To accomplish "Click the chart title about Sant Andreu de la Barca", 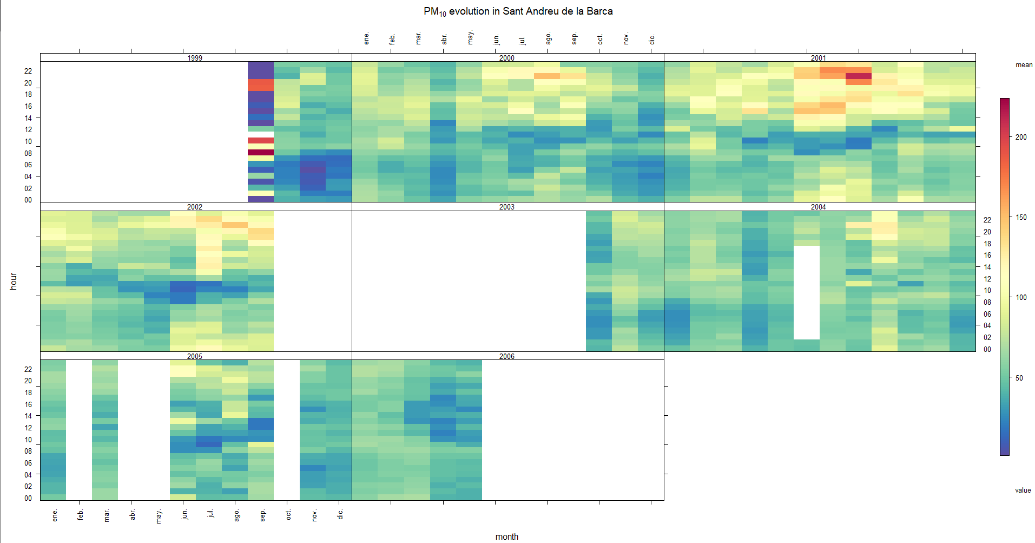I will click(518, 11).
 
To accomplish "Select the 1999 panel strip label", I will click(195, 58).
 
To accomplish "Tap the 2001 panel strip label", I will click(819, 58).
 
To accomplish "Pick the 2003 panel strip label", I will click(507, 207).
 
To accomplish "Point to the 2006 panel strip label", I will click(507, 356).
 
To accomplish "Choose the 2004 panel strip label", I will click(819, 207).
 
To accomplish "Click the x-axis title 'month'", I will click(507, 537).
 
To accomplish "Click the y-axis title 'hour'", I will click(14, 281).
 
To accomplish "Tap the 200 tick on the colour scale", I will click(1021, 137).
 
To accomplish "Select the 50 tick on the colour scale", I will click(1019, 378).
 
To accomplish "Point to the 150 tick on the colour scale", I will click(1021, 217).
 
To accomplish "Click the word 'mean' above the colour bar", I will click(1024, 65).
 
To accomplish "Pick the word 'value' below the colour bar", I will click(1023, 490).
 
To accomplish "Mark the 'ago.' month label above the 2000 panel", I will click(549, 38).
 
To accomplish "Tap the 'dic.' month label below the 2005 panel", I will click(340, 514).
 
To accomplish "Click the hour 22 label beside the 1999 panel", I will click(28, 71).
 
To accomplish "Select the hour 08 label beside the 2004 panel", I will click(987, 302).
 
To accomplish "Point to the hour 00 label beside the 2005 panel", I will click(28, 498).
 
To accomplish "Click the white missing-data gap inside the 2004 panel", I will click(806, 292).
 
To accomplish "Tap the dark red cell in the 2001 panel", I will click(858, 76).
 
